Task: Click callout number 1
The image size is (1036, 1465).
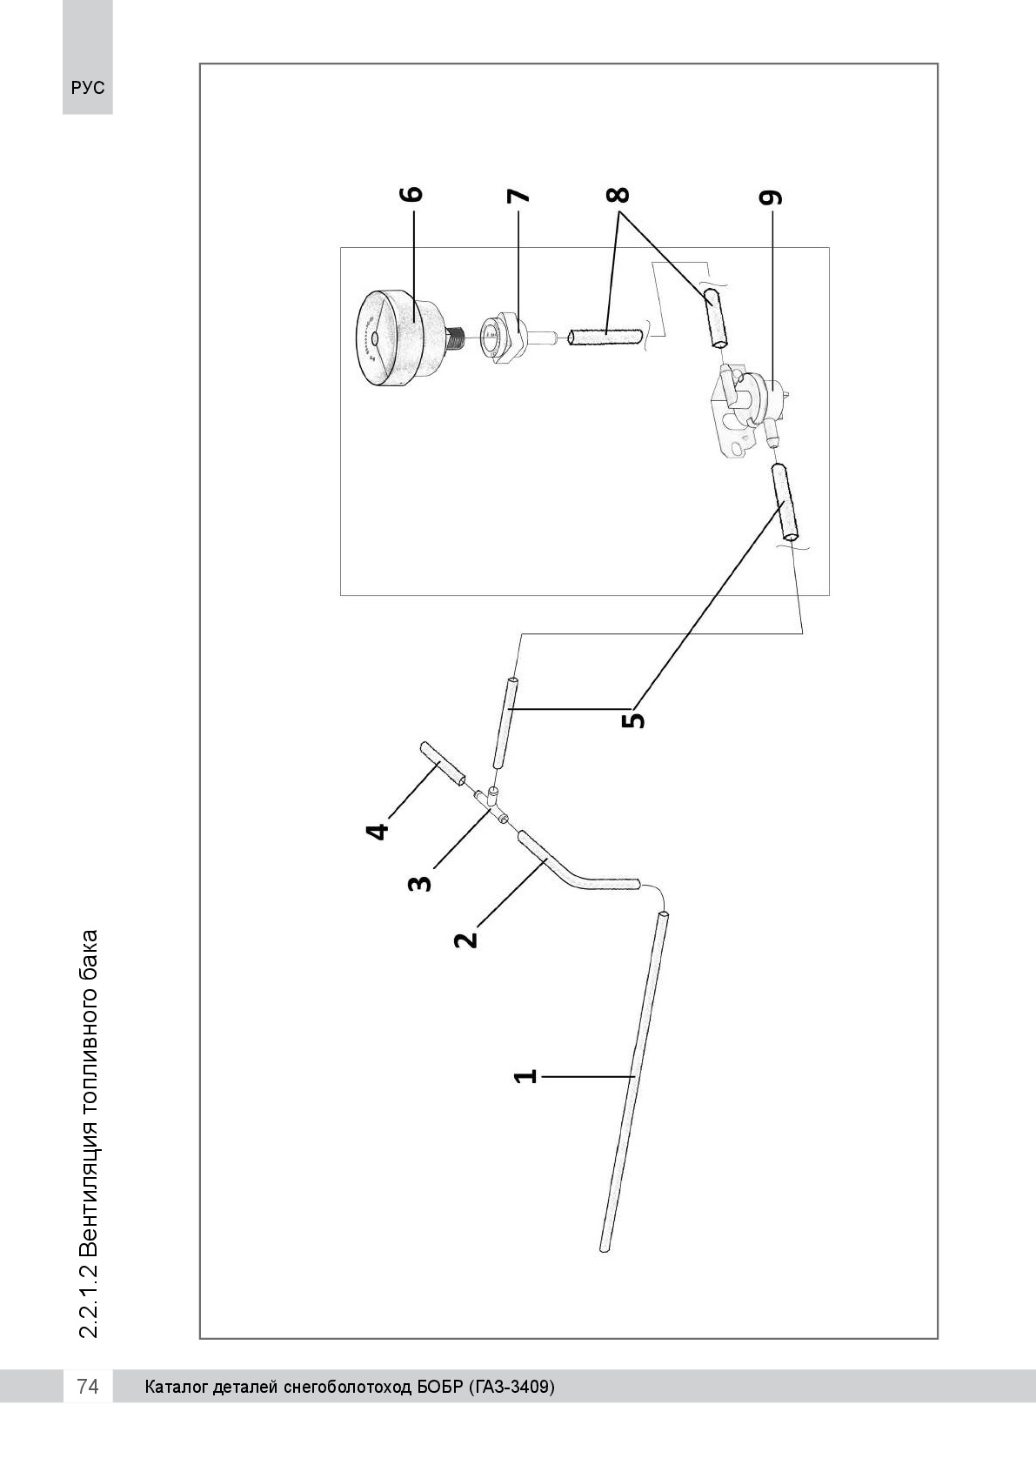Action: point(525,1076)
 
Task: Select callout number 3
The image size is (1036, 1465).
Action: point(420,884)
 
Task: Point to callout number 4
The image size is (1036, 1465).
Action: point(378,832)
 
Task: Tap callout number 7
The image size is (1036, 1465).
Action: point(518,196)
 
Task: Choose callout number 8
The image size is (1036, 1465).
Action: point(618,195)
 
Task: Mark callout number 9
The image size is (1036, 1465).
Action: point(770,197)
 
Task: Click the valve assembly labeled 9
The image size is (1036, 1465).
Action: point(751,409)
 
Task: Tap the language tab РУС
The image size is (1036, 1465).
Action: point(88,88)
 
